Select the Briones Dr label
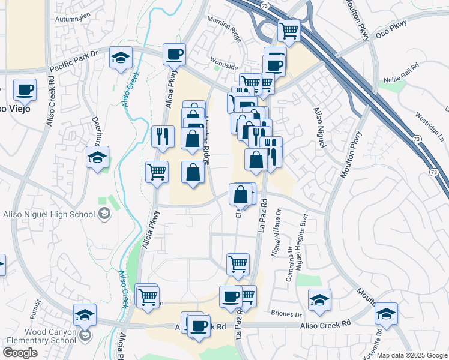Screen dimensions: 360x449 [286, 314]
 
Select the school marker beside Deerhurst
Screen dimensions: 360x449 [97, 158]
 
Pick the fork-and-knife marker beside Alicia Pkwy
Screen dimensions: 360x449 [162, 137]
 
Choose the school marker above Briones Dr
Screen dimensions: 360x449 [320, 299]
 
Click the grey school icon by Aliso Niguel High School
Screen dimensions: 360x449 [104, 213]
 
